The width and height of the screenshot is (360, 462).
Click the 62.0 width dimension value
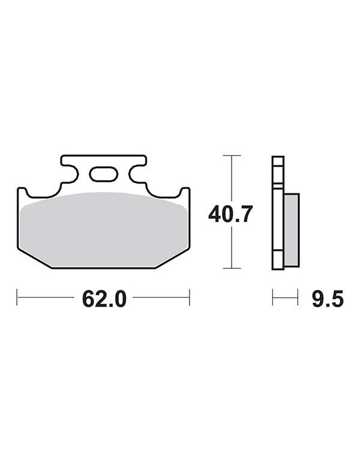104,298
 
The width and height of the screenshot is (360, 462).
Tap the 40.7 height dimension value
230,214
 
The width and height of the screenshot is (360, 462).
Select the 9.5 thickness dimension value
328,298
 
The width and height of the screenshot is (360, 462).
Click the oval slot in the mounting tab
104,174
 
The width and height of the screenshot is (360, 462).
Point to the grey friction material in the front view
104,230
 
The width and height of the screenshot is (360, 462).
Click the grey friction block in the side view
292,230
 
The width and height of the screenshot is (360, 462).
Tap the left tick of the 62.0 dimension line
17,297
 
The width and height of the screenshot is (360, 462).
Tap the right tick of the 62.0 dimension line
190,297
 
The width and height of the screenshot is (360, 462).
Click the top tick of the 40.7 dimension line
232,155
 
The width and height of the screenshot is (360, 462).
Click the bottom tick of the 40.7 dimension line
232,268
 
